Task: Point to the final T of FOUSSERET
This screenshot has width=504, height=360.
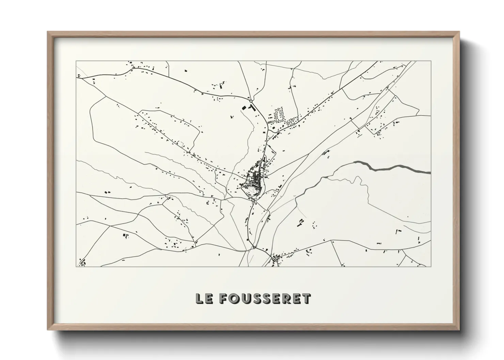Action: (x=306, y=298)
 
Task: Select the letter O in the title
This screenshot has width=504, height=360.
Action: (x=233, y=298)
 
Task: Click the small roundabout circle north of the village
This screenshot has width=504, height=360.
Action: (x=251, y=101)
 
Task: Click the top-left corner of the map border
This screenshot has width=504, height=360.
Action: (x=76, y=61)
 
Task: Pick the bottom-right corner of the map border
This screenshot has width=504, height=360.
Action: (x=431, y=266)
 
